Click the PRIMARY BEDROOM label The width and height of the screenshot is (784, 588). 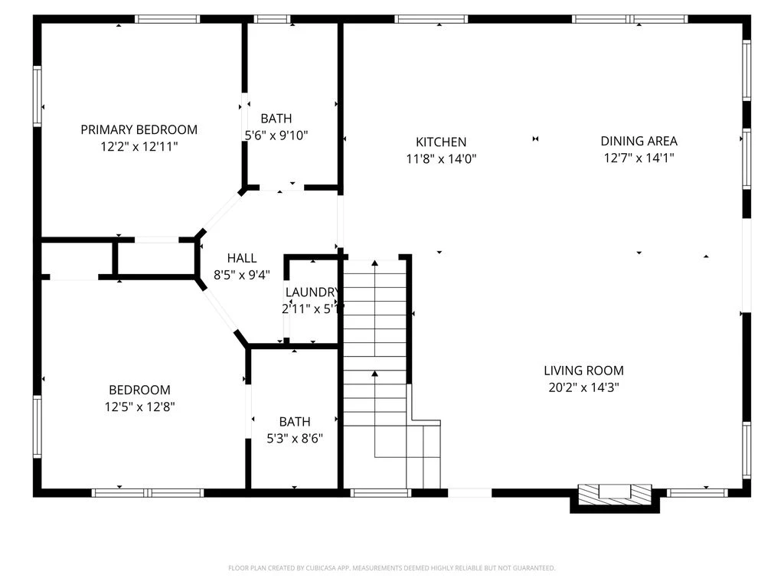coord(139,129)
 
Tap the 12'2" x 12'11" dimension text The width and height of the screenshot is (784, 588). coord(139,146)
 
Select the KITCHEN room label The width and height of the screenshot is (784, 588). coord(441,142)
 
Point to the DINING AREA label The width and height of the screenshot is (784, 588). coord(639,141)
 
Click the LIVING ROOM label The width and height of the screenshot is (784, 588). coord(583,371)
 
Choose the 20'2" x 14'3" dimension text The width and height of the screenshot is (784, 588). coord(583,387)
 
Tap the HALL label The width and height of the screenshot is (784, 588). coord(242,258)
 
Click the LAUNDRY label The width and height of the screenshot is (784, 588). coord(312,292)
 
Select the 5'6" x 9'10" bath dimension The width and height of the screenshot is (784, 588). coord(276,135)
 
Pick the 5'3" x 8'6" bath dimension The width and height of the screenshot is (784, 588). coord(295,439)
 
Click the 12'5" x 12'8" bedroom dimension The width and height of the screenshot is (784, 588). coord(139,407)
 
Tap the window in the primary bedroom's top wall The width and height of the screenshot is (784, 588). coord(168,19)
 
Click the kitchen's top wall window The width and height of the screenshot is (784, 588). coord(431,19)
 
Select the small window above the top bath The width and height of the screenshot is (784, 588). coord(272,19)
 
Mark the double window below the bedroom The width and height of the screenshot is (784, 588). coord(148,493)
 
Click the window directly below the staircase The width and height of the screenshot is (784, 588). coord(381,493)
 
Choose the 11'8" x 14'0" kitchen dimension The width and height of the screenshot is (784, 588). coord(441,158)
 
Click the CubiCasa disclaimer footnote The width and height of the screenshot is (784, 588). coord(391,568)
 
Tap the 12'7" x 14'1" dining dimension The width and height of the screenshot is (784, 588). coord(639,158)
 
